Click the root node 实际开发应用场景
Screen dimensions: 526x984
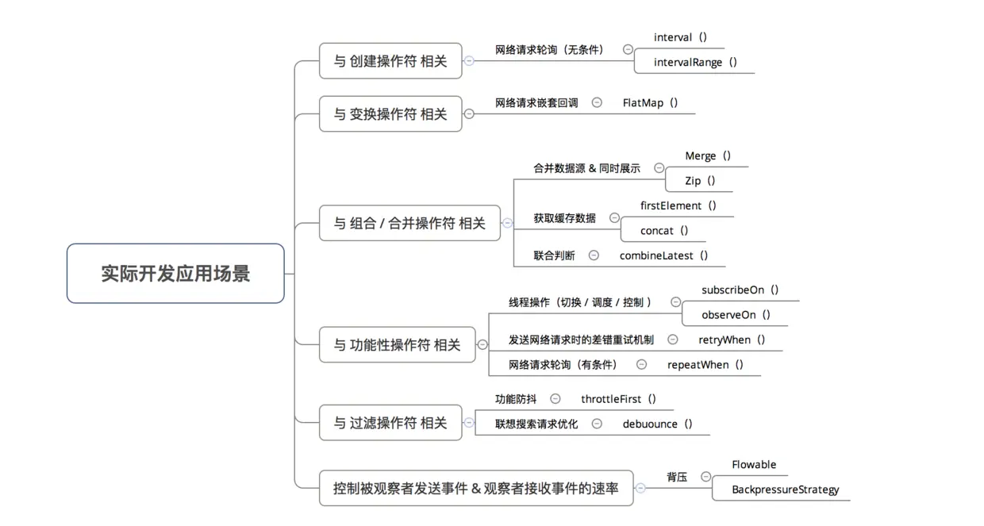(175, 274)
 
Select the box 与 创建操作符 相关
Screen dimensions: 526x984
(390, 61)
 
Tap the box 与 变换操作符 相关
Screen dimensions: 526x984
(390, 114)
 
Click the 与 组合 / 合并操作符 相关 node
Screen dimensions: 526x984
(409, 224)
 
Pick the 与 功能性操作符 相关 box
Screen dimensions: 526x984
(397, 345)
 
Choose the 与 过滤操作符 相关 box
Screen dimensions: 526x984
(390, 423)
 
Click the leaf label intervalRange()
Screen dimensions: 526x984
(695, 62)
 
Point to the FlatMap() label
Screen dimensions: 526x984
(650, 102)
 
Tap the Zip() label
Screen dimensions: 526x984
(700, 180)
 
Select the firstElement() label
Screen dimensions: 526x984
(678, 205)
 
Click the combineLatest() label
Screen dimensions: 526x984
(663, 255)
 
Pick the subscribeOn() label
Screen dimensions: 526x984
(740, 290)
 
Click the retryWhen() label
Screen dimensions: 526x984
(731, 340)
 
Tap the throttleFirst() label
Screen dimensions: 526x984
(618, 399)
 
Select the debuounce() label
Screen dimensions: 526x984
(657, 424)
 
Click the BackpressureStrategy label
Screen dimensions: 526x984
(785, 490)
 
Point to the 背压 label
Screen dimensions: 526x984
(676, 477)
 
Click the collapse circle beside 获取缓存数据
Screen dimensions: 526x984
(614, 217)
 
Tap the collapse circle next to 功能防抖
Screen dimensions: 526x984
(555, 399)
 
